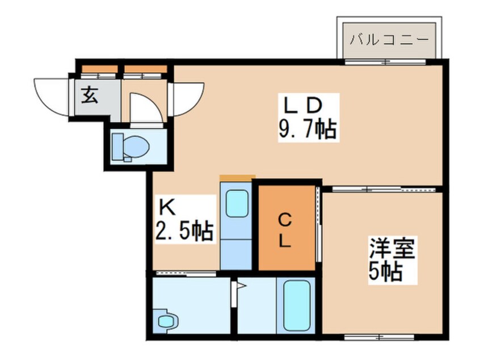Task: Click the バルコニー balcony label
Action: tap(389, 40)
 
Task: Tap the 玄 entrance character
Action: tap(90, 95)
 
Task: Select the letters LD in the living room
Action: tap(303, 105)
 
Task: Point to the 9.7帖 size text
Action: tap(308, 129)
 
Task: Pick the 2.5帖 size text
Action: tap(184, 231)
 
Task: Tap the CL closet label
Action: tap(285, 231)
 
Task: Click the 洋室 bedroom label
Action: tap(392, 248)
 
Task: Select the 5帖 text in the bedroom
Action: tap(385, 272)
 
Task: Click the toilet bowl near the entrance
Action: tap(131, 147)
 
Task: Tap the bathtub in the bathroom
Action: tap(296, 305)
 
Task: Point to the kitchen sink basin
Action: tap(237, 203)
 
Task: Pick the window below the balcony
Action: tap(385, 62)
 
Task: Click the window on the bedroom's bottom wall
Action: tap(379, 337)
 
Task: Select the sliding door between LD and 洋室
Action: tap(384, 189)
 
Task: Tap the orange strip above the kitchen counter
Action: tap(238, 178)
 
